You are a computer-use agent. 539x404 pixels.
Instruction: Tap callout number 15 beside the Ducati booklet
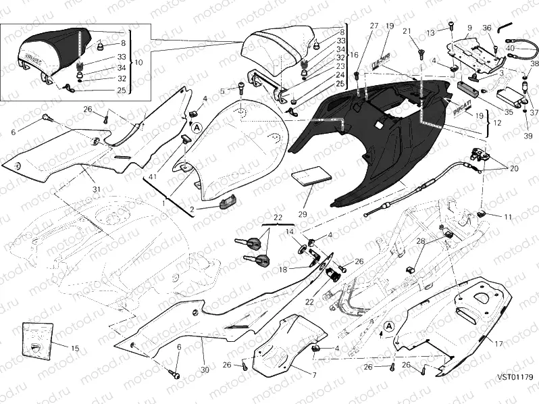[74, 349]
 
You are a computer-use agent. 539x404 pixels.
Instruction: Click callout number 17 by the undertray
[499, 344]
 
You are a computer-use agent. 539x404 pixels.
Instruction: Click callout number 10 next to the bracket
[140, 61]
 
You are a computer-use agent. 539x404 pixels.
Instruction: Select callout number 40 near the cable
[511, 49]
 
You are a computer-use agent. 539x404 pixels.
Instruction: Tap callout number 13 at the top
[430, 32]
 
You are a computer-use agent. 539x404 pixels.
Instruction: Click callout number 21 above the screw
[407, 32]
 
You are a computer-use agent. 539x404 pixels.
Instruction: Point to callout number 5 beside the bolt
[222, 91]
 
